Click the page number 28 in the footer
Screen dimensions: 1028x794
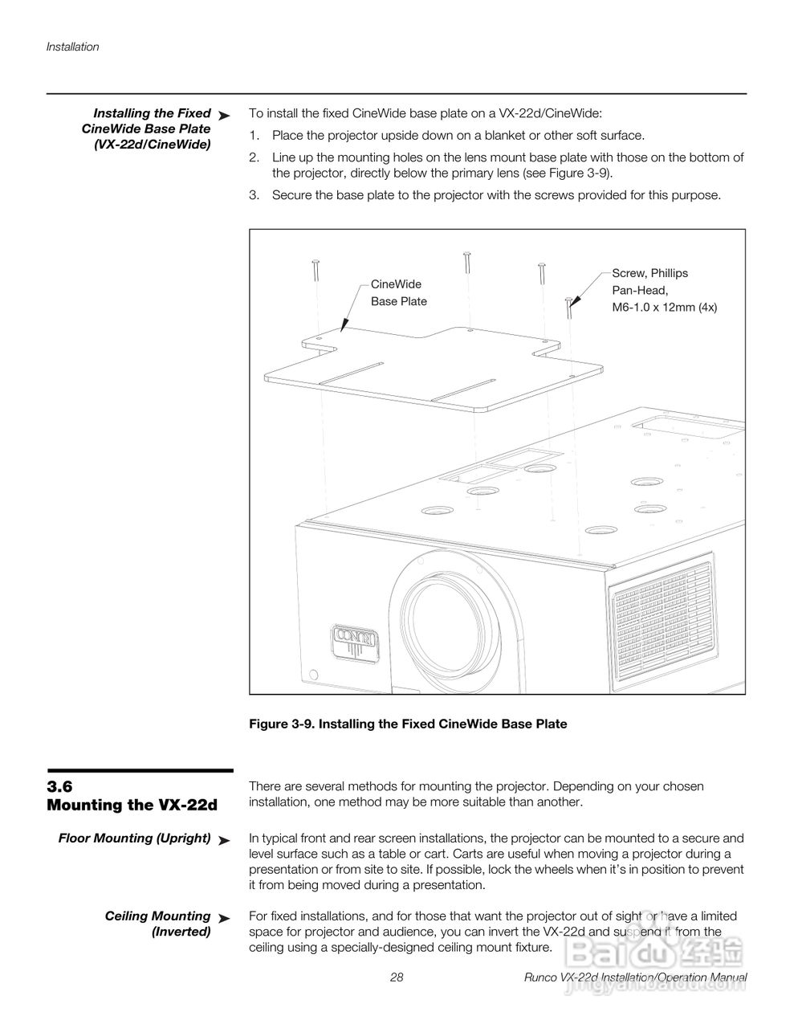(x=397, y=977)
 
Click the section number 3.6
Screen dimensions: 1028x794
(x=60, y=786)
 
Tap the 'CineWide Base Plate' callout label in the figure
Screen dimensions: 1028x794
(x=398, y=292)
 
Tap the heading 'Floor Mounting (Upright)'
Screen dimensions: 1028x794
(x=134, y=838)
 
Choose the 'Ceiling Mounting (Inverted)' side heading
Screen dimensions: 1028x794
(x=157, y=924)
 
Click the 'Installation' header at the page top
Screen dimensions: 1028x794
(x=72, y=47)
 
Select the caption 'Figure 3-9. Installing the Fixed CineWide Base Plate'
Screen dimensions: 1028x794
(x=408, y=724)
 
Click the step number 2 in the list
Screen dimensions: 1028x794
(x=254, y=157)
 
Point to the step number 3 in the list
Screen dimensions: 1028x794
(x=254, y=194)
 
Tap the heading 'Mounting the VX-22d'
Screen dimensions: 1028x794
(x=132, y=805)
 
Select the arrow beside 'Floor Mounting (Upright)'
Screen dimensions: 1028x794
(x=224, y=840)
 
